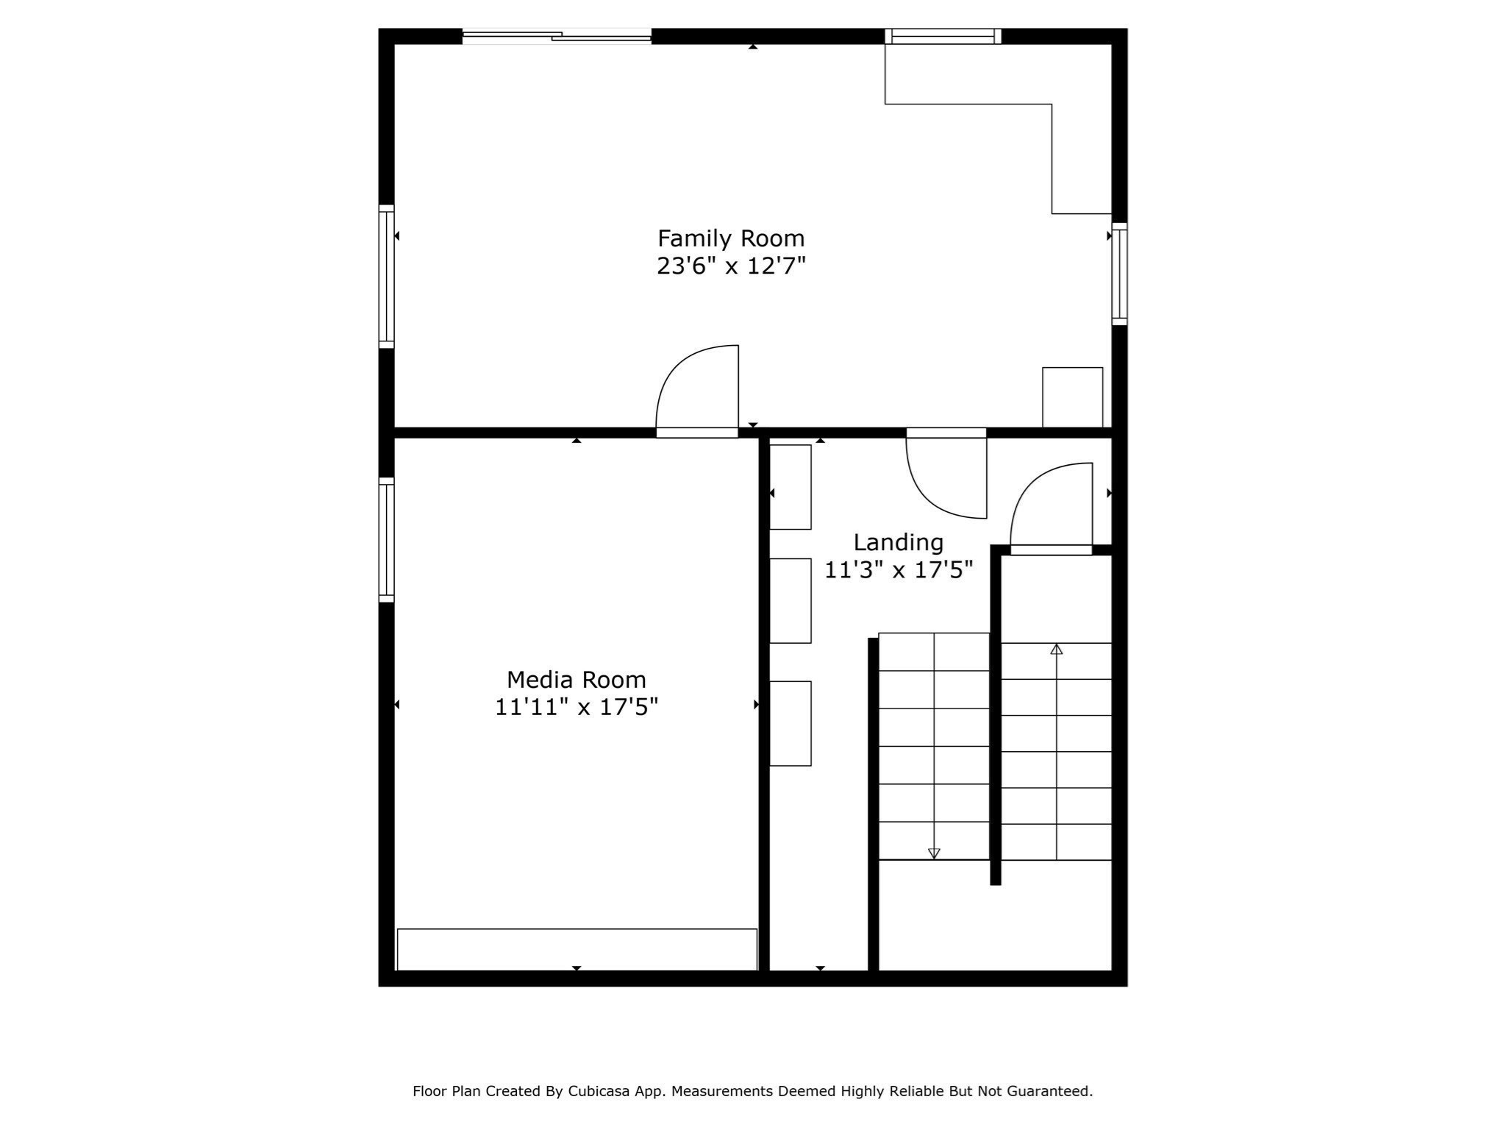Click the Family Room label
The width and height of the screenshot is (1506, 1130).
[x=731, y=238]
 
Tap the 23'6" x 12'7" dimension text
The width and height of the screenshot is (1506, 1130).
[x=731, y=266]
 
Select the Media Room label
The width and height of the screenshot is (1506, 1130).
[x=576, y=679]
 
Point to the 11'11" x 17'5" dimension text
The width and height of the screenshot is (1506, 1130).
[x=576, y=707]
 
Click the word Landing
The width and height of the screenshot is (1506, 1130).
[x=898, y=542]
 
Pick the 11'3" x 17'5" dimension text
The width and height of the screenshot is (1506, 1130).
[x=898, y=570]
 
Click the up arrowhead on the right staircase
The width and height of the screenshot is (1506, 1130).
[x=1057, y=649]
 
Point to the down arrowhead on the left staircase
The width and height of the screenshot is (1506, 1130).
[x=934, y=853]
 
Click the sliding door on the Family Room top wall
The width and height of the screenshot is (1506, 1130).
[x=557, y=35]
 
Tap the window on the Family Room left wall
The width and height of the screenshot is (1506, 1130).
[x=386, y=277]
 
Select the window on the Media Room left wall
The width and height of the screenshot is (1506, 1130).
[x=386, y=540]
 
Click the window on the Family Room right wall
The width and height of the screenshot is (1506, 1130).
[x=1119, y=274]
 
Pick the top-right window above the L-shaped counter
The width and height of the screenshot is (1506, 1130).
[x=943, y=36]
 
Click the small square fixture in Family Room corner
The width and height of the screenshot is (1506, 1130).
[x=1072, y=397]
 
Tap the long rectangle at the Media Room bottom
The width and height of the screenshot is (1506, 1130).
[x=577, y=949]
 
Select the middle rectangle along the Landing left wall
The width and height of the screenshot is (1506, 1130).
[x=791, y=600]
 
